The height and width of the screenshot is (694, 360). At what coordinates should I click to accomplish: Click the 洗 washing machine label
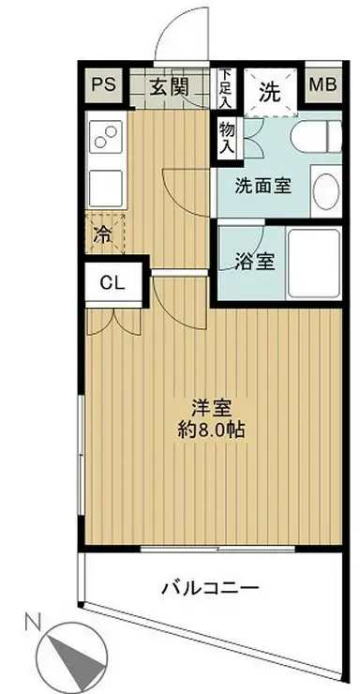(270, 92)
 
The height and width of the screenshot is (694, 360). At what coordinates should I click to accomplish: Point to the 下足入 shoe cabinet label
(226, 87)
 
